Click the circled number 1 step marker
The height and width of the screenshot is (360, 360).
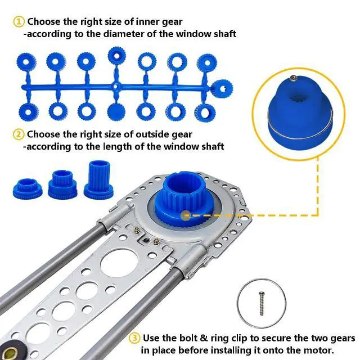(19, 22)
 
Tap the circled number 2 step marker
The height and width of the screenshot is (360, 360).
(19, 134)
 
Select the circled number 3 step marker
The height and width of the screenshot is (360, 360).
(134, 338)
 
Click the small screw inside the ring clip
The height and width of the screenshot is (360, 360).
(261, 304)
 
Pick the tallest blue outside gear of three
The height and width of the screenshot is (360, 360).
(99, 179)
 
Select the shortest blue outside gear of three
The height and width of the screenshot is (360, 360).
(28, 188)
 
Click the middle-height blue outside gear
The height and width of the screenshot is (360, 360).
(62, 184)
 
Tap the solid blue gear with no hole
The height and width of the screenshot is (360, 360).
(116, 111)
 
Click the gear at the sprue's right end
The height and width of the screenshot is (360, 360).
(222, 89)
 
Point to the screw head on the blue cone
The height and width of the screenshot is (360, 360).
(293, 78)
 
